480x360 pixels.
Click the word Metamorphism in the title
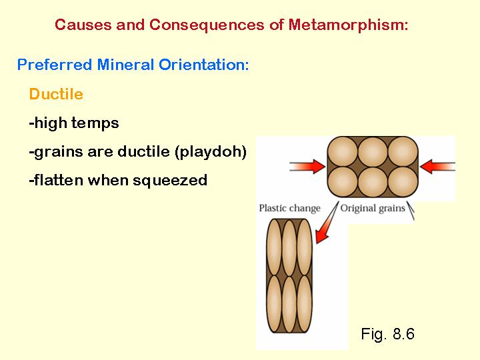click(x=349, y=25)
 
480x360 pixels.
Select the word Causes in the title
click(x=83, y=25)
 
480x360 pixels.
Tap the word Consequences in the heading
click(x=207, y=25)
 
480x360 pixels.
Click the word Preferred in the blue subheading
click(x=55, y=65)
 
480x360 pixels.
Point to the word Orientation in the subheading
click(x=204, y=65)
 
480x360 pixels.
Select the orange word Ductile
click(x=56, y=94)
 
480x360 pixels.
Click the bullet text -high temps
click(x=74, y=123)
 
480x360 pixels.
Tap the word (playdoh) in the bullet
click(x=211, y=152)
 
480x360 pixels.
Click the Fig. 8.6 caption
click(x=387, y=333)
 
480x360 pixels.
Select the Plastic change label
click(x=289, y=208)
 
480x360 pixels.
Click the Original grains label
click(x=373, y=208)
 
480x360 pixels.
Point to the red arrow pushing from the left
click(x=307, y=167)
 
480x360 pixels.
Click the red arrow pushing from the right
click(x=438, y=167)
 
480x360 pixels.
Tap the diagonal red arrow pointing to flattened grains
click(x=327, y=223)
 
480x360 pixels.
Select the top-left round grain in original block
click(x=343, y=152)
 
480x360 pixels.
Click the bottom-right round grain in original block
click(x=403, y=182)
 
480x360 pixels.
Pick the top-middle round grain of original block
click(x=373, y=152)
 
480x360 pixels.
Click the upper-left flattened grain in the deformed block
click(x=274, y=247)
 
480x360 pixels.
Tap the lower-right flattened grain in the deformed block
click(x=304, y=304)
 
